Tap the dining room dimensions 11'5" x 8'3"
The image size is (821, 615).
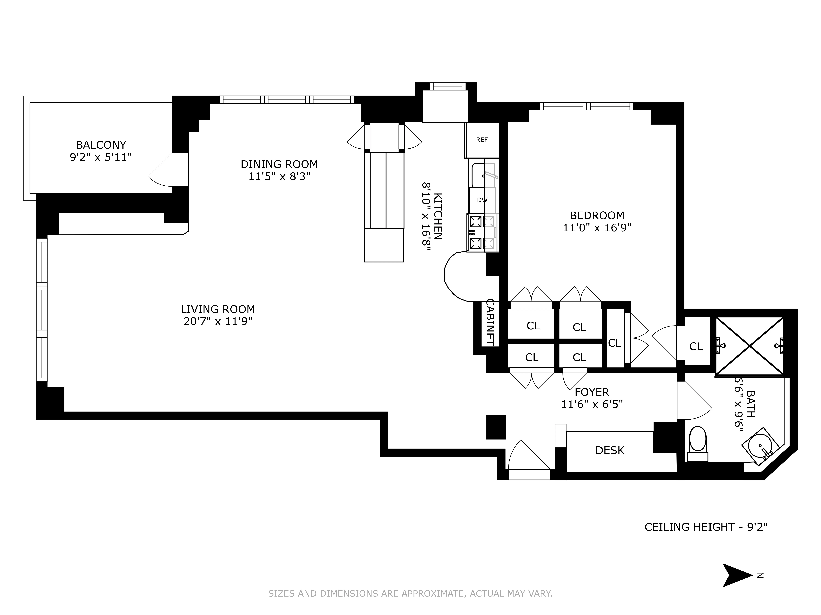click(x=279, y=176)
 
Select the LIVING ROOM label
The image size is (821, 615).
click(x=218, y=309)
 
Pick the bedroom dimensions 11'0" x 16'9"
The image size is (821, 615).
click(x=597, y=228)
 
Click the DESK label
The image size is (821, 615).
click(x=610, y=450)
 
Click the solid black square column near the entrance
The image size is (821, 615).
click(x=496, y=427)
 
